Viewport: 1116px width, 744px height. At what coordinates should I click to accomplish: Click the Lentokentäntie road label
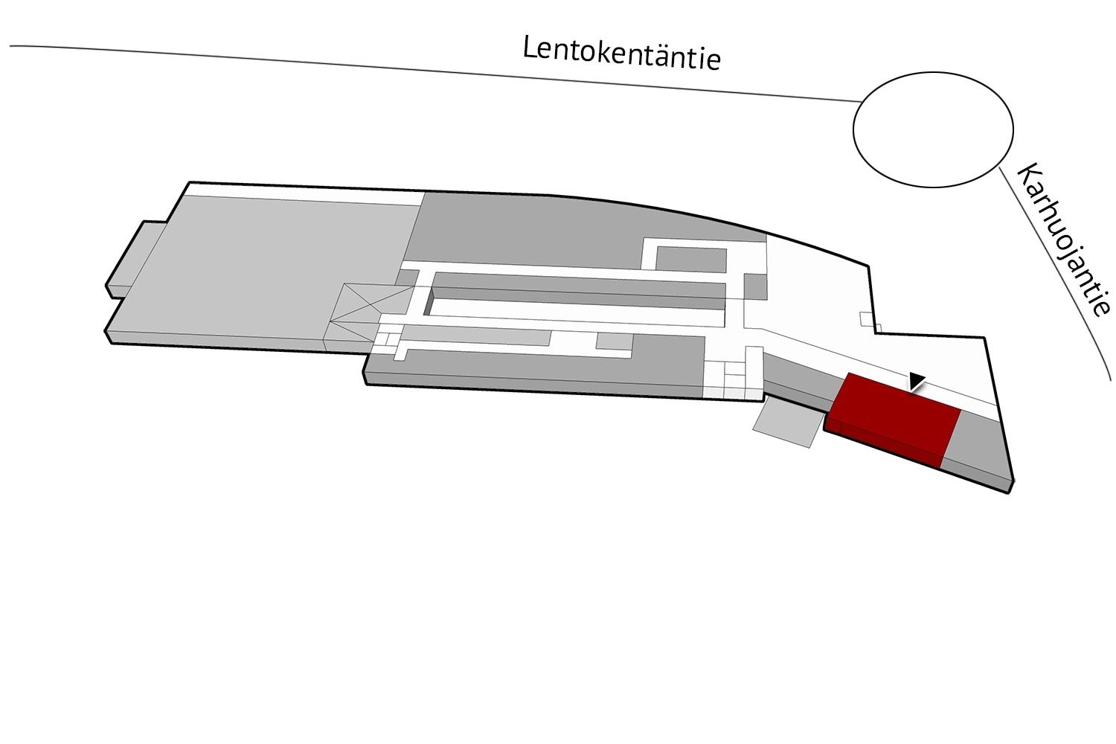[621, 54]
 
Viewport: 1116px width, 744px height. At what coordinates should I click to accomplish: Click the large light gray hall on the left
[269, 269]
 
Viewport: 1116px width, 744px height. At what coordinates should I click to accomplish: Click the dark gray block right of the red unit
[976, 449]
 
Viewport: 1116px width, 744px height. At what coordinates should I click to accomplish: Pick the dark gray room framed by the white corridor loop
[690, 259]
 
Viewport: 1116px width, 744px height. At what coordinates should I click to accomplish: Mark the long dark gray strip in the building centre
[578, 290]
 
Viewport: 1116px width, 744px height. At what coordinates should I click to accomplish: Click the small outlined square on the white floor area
[868, 319]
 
